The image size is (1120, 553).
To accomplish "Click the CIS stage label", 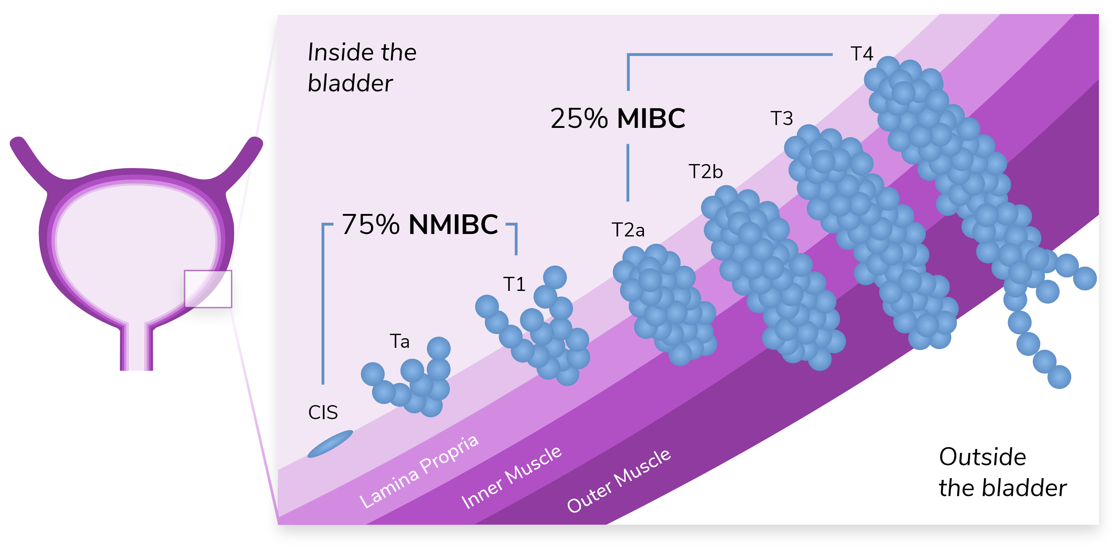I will coord(323,412).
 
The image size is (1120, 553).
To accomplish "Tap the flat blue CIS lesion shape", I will coord(330,444).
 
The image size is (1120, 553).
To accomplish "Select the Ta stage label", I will coord(399,341).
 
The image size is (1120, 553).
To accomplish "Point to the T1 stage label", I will coord(514,284).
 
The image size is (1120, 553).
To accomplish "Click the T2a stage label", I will coord(628,229).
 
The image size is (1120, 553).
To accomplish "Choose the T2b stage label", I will coord(705,172).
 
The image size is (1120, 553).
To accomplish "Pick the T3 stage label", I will coord(781,118).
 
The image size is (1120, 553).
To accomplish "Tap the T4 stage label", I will coord(862,54).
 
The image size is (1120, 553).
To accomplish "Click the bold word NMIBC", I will coord(453,225).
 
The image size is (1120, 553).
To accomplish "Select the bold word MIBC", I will coord(651,118).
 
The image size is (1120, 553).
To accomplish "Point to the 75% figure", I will coord(370,225).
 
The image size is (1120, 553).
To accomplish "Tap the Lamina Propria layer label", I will coord(419,472).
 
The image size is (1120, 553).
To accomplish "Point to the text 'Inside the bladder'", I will coord(362,67).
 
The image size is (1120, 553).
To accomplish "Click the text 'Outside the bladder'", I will coord(1002,472).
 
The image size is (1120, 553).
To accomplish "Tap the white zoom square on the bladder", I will coord(208,289).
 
